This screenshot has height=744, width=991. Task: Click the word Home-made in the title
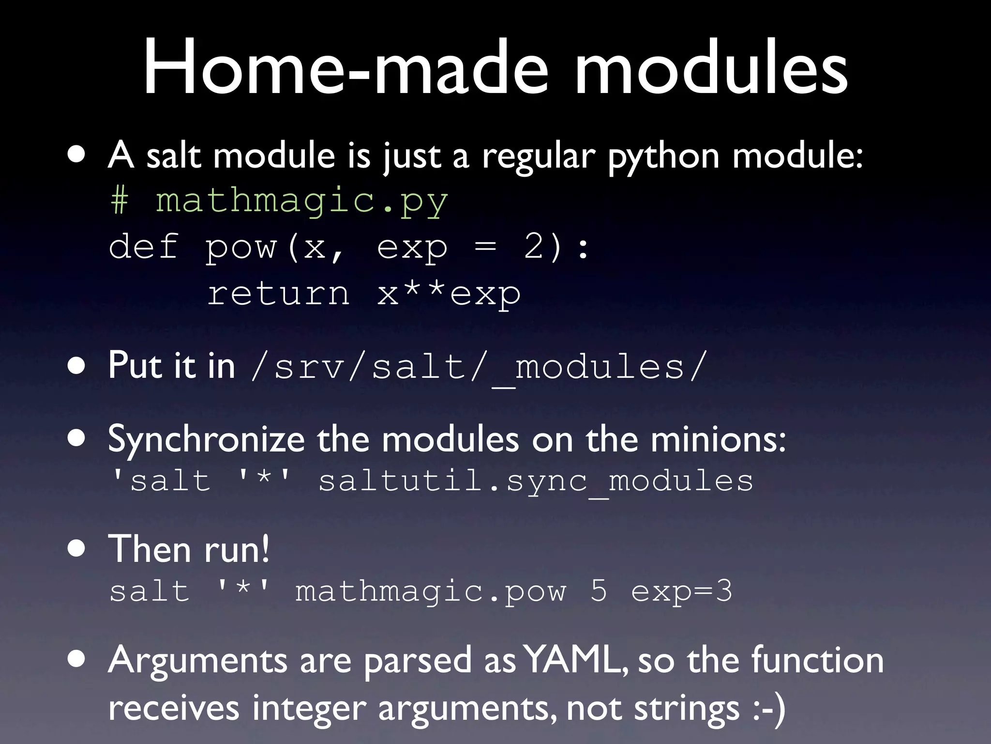pos(346,68)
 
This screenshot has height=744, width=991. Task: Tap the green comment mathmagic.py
pos(301,201)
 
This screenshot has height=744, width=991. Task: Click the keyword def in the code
pos(144,247)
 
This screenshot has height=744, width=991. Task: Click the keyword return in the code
pos(278,294)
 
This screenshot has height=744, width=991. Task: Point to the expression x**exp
pos(449,294)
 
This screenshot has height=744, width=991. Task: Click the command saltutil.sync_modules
pos(536,481)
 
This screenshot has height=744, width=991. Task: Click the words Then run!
pos(189,549)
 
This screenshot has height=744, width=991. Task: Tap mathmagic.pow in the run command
pos(430,591)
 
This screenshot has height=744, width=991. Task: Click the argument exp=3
pos(681,591)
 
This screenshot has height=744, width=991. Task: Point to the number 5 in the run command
pos(599,591)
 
